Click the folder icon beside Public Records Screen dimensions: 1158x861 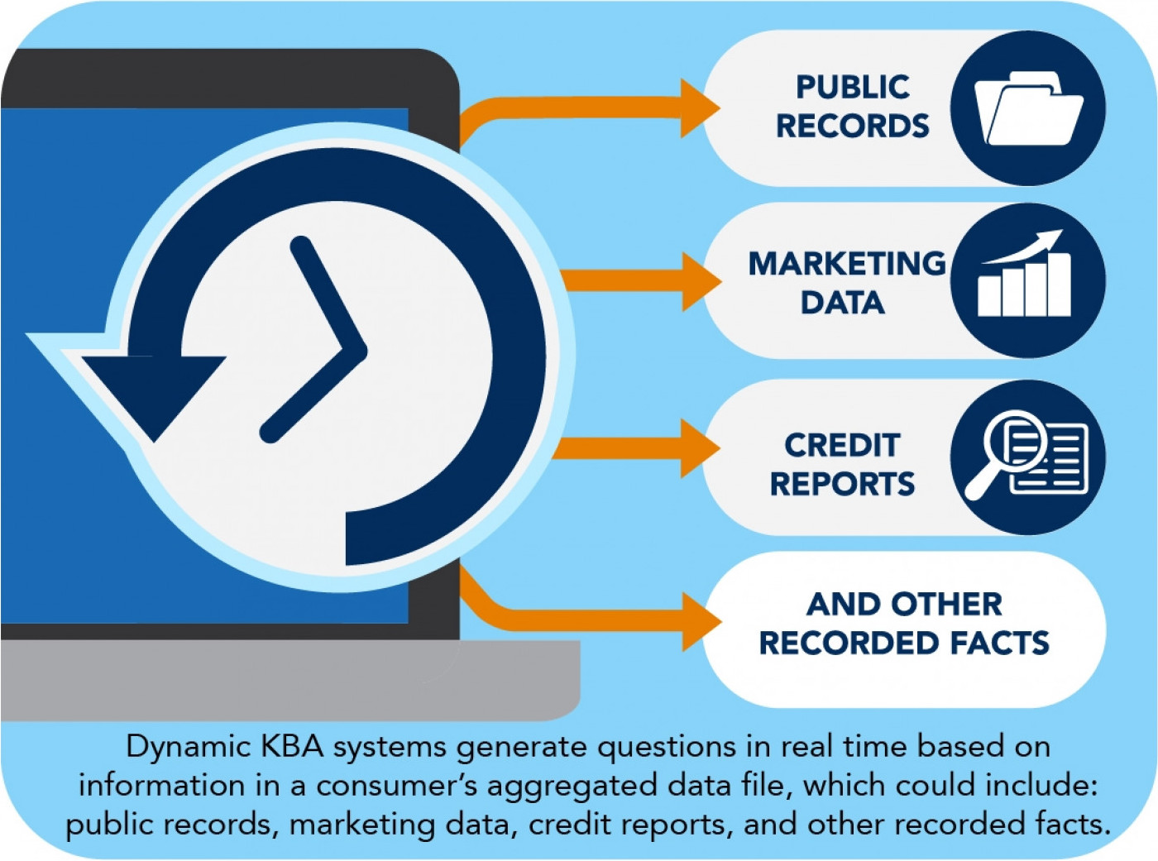(1028, 108)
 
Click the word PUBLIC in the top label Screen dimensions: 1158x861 (853, 87)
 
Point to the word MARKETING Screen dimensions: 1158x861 (847, 263)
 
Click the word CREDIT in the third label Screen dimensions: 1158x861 (842, 445)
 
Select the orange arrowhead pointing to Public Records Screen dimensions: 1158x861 (700, 108)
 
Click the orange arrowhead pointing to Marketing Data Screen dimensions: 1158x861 (701, 282)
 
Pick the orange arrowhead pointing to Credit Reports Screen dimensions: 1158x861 (700, 448)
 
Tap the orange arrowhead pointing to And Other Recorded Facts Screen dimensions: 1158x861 (701, 622)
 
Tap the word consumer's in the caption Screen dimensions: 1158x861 (397, 787)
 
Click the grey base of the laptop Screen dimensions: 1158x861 (290, 681)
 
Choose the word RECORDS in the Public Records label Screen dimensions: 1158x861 (853, 126)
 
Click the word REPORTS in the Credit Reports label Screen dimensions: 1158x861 (842, 484)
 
